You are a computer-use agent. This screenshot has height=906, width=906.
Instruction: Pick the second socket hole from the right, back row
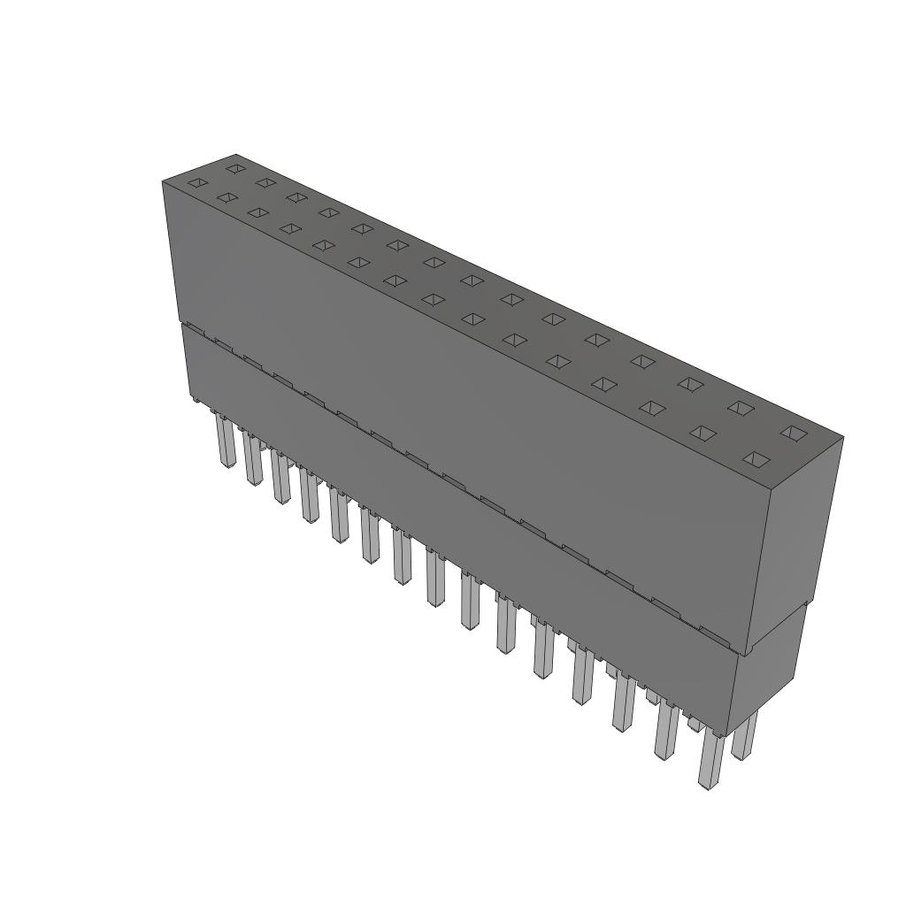click(x=741, y=408)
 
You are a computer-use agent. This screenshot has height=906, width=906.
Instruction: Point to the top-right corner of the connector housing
click(x=842, y=437)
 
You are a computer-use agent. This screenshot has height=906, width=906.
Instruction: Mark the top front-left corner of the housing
click(x=163, y=182)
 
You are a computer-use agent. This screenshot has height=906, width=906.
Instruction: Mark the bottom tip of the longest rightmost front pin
click(x=706, y=786)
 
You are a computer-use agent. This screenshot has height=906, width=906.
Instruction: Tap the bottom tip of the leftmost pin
click(x=228, y=465)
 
